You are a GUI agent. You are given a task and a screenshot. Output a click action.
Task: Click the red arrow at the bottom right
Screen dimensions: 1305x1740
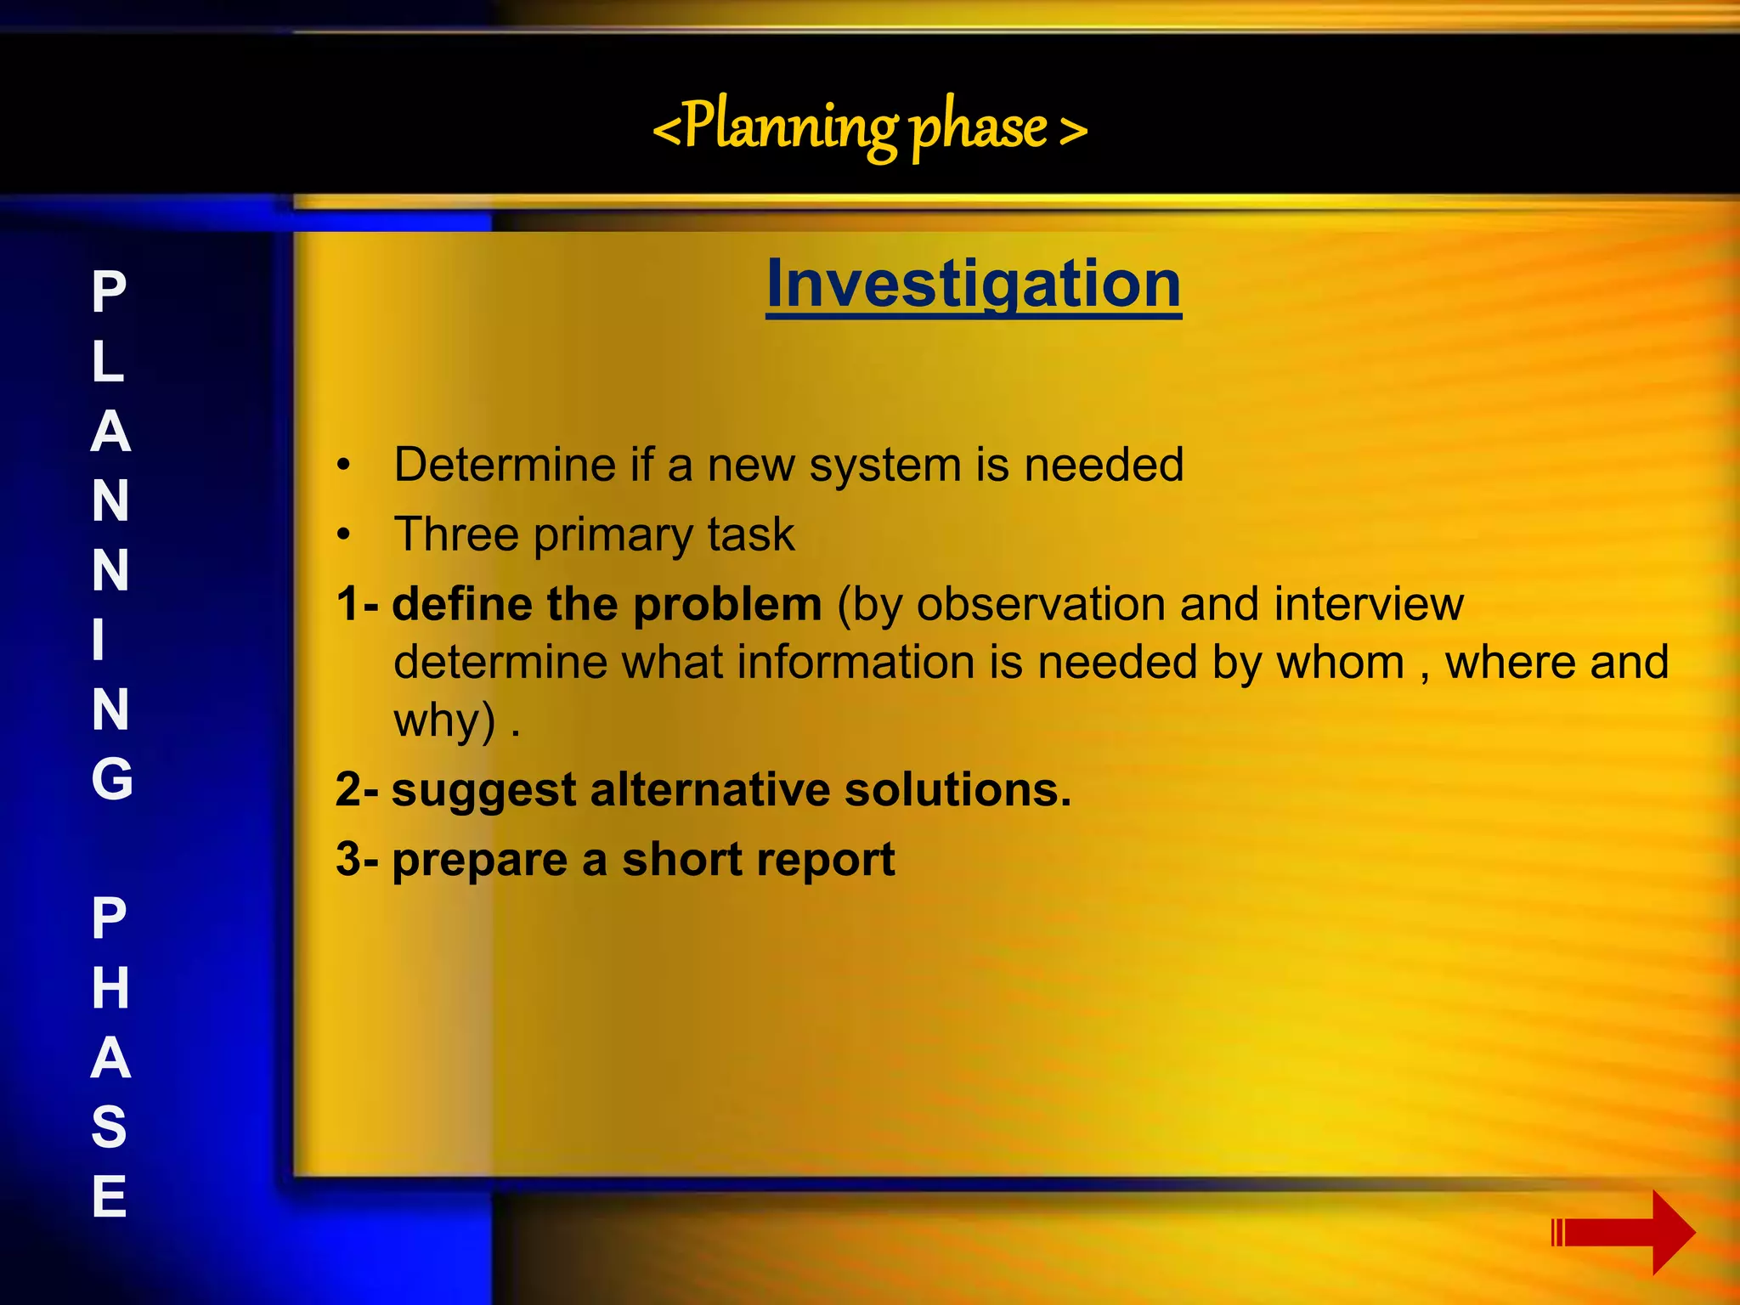coord(1623,1232)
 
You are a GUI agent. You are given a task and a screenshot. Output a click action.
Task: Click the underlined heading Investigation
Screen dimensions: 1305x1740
coord(973,285)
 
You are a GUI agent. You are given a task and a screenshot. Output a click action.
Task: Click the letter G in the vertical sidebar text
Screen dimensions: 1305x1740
coord(111,779)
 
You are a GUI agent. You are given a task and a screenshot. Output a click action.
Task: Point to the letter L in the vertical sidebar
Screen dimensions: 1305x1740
coord(108,362)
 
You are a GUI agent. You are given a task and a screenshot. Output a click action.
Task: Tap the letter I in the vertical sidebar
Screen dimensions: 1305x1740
coord(99,640)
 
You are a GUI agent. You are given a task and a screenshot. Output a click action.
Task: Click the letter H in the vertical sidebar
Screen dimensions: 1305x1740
coord(110,988)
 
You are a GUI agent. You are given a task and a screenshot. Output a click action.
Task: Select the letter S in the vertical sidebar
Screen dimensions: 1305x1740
coord(109,1127)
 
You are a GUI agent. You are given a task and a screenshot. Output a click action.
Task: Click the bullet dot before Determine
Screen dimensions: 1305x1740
coord(343,466)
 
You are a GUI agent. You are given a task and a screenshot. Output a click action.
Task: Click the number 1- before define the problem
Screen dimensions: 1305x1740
coord(357,605)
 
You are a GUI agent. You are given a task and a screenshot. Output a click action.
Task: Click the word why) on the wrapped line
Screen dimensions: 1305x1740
coord(443,721)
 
